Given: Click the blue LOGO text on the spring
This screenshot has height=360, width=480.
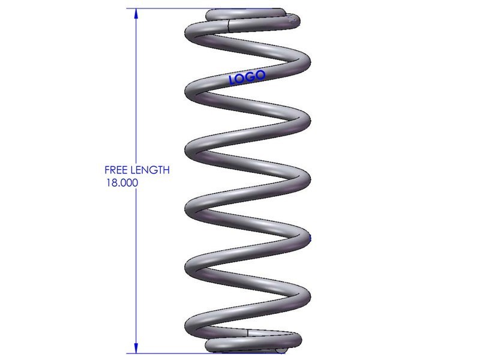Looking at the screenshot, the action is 247,77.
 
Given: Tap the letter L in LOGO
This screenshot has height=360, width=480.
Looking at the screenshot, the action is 232,80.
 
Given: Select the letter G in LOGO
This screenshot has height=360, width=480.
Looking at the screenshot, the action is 251,77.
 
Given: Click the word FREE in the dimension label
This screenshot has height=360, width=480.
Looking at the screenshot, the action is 116,170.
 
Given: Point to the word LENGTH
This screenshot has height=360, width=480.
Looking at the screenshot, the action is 150,170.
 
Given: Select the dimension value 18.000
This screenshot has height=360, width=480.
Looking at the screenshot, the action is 122,183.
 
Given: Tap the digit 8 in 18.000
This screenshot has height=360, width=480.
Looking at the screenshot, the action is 114,183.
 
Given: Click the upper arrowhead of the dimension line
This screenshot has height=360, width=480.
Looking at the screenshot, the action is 136,14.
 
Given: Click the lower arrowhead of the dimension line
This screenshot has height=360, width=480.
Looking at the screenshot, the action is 136,348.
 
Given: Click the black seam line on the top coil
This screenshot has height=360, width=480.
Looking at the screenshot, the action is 229,25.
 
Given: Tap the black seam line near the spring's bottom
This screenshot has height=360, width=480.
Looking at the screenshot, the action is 248,334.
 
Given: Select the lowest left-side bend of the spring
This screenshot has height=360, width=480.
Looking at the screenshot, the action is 190,325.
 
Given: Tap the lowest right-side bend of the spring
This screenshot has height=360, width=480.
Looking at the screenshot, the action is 305,296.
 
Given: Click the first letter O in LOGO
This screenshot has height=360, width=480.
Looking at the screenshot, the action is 241,79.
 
